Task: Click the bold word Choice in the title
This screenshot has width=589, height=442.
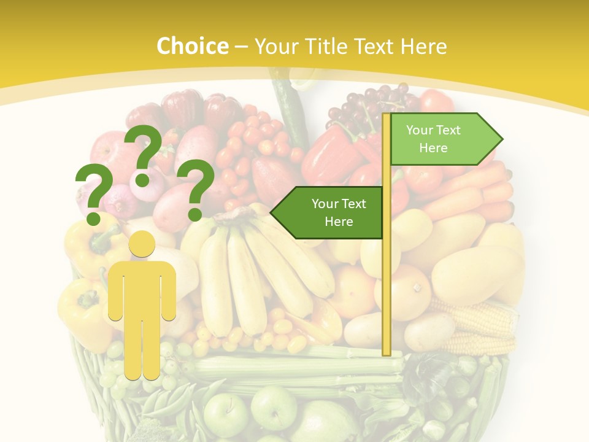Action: coord(192,46)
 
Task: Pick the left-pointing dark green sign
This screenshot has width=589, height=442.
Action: coord(329,212)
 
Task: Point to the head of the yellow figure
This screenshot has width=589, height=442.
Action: coord(142,245)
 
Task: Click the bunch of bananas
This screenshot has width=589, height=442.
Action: coord(258,270)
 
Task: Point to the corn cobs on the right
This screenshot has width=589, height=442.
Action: coord(479,325)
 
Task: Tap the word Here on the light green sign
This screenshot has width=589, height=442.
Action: coord(433,148)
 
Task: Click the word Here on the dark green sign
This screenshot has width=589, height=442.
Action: coord(339,222)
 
